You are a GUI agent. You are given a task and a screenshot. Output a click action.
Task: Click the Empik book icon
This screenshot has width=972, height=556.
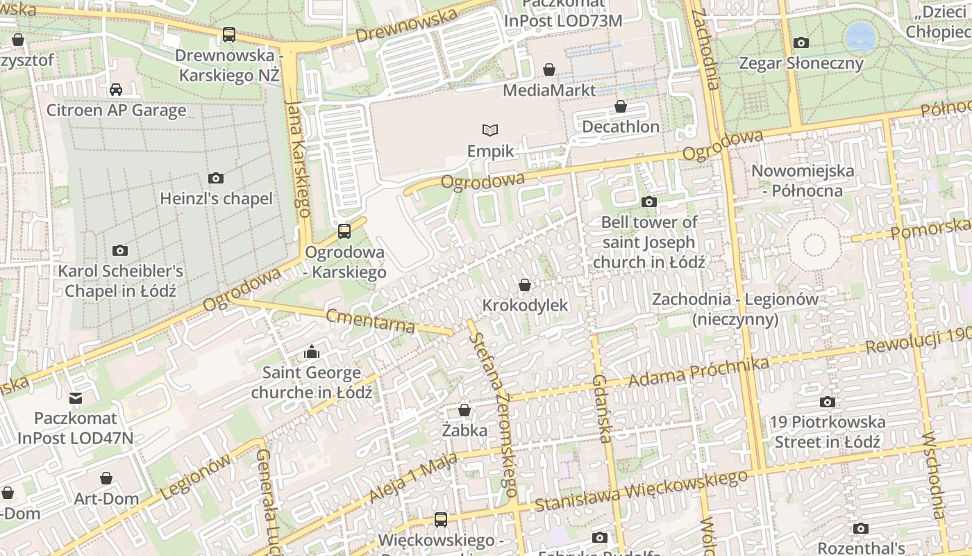[x=490, y=130]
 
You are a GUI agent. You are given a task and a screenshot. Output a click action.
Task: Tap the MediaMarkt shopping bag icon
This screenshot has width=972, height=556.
[x=549, y=69]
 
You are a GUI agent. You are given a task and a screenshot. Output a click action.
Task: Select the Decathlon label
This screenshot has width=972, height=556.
[x=621, y=126]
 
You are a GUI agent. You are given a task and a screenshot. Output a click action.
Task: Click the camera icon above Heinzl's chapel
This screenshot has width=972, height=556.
[x=216, y=179]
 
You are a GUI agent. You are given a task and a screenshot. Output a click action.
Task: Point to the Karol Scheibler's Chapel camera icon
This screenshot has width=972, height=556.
[x=120, y=250]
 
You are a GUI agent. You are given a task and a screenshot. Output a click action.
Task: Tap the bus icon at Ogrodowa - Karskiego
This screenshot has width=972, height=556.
[x=344, y=231]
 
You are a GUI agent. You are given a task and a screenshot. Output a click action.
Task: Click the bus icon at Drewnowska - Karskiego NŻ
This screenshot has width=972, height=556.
[x=228, y=34]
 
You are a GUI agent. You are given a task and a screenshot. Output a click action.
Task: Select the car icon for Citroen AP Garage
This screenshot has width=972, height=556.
[x=116, y=90]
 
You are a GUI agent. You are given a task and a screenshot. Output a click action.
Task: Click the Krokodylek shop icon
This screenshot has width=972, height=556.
[x=525, y=285]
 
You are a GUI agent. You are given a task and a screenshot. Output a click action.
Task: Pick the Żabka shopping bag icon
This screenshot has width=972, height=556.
[x=464, y=410]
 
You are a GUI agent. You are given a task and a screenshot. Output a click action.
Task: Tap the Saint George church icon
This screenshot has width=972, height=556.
[x=311, y=352]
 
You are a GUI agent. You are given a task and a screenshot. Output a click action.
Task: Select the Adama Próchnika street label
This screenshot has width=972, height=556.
[x=698, y=373]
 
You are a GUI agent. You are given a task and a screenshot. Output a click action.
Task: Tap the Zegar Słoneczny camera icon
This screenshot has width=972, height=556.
[x=801, y=43]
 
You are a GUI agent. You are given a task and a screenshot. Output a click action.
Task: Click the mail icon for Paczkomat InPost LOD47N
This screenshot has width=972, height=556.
[x=76, y=398]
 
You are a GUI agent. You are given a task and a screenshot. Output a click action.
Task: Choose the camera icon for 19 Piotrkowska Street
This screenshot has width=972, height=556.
[x=827, y=402]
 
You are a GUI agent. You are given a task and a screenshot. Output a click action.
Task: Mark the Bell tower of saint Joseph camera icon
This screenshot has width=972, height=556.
[x=649, y=202]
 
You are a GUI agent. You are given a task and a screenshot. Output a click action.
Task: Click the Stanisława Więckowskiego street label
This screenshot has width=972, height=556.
[x=642, y=491]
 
